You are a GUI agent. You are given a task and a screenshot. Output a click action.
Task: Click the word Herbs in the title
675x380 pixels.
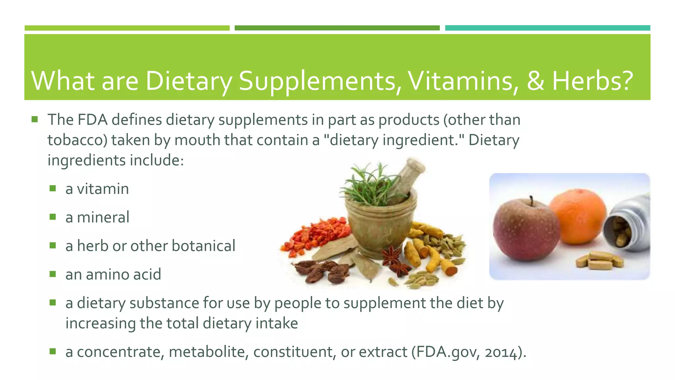coord(592,81)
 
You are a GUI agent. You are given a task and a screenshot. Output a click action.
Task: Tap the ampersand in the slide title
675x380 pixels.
coord(535,81)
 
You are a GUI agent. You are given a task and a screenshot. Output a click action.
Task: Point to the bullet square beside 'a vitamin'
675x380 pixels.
coord(53,188)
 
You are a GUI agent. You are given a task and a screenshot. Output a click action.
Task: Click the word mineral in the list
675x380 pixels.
coord(103,218)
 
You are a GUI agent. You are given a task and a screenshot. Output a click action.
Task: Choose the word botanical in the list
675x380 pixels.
coord(203,246)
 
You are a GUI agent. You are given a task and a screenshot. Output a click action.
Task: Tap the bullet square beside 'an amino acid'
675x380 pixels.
coord(53,274)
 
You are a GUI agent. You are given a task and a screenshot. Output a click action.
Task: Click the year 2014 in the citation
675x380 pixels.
coord(500,353)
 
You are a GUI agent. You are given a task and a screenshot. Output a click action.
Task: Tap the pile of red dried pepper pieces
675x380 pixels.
coord(315,236)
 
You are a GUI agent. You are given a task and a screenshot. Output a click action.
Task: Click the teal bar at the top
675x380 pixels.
coord(547,28)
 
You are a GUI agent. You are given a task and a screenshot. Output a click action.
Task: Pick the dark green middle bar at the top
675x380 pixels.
coord(337,28)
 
